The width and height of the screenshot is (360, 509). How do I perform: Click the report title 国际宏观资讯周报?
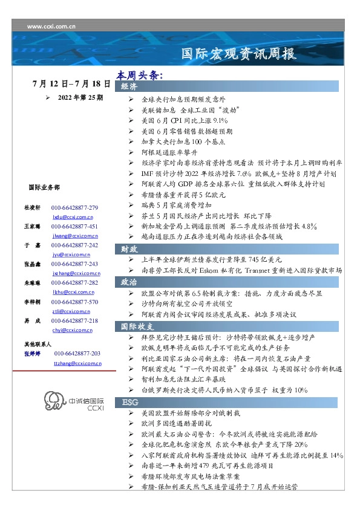point(239,54)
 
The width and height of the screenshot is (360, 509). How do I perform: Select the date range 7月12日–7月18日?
point(72,83)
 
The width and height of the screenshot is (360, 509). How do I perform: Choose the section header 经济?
point(129,87)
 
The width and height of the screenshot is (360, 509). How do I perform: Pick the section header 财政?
point(129,248)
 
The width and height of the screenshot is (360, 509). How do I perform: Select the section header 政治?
point(129,282)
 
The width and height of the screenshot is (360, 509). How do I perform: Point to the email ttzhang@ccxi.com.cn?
point(77,363)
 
